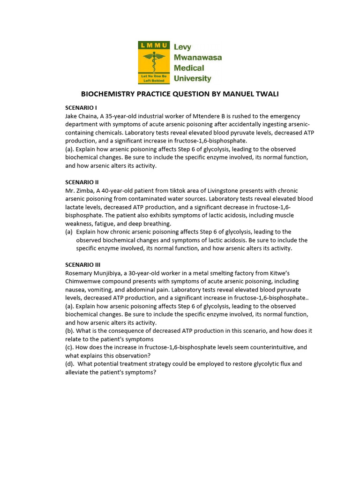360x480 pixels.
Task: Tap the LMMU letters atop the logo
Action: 153,45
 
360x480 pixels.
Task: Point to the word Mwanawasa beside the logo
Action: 198,58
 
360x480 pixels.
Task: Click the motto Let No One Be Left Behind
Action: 153,78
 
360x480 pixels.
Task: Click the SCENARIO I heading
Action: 81,108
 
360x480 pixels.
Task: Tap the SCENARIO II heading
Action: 82,182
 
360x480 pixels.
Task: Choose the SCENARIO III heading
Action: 83,264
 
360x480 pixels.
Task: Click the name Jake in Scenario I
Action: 72,116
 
